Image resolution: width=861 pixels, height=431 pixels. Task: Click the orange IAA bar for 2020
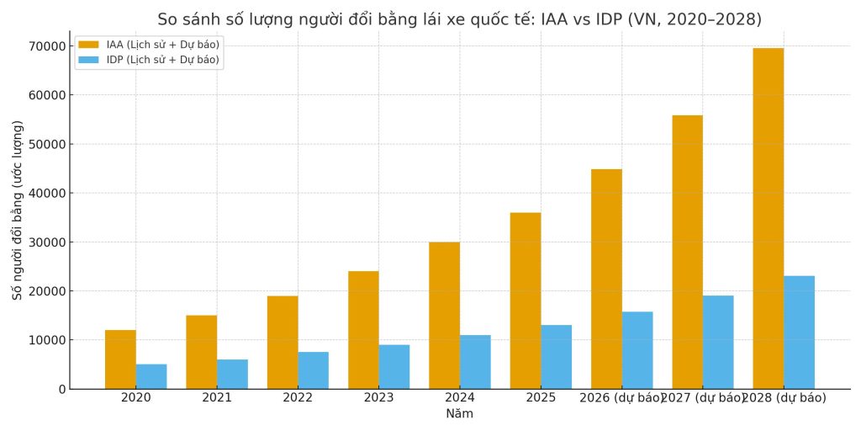[120, 359]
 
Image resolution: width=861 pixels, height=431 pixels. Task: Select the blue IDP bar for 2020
[151, 376]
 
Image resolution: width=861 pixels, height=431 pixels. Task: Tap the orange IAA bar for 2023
[363, 330]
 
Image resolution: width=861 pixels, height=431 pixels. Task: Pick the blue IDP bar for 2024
[475, 362]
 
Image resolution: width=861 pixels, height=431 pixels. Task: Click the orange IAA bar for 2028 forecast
[768, 219]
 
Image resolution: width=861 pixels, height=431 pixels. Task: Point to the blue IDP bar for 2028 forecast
[799, 333]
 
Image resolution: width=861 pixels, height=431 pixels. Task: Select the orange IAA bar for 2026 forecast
[606, 279]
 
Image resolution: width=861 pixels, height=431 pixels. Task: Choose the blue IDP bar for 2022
[313, 370]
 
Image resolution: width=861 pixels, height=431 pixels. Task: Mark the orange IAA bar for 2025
[526, 301]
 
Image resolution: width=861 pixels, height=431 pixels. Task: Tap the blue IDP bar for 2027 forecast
[718, 342]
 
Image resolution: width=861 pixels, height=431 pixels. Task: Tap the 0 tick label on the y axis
[61, 389]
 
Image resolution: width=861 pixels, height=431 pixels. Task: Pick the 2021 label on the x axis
[217, 398]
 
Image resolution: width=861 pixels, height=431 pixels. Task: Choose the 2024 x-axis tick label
[460, 398]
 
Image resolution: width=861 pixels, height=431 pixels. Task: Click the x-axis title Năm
[459, 414]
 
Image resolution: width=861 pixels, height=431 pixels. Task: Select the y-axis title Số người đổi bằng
[18, 210]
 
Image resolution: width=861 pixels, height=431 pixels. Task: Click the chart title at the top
[459, 19]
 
